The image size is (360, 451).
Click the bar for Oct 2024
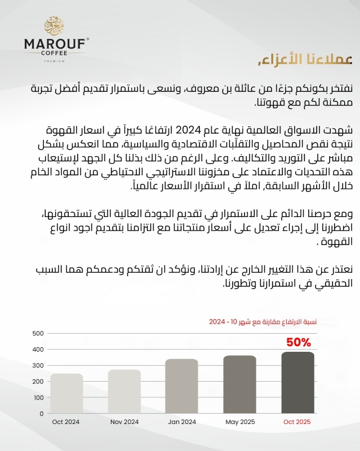click(x=66, y=393)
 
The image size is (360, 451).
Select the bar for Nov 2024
click(x=125, y=391)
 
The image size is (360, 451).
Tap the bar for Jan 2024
click(x=182, y=386)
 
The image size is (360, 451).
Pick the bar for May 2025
click(x=239, y=384)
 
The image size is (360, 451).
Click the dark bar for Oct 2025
click(x=297, y=382)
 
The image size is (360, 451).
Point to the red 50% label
click(x=299, y=342)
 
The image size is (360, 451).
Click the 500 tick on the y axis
click(x=38, y=333)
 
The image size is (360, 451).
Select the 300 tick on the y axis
click(x=38, y=365)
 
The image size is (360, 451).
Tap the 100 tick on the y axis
click(x=38, y=397)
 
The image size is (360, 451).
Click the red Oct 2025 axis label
click(x=297, y=422)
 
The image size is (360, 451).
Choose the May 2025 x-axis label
click(x=239, y=422)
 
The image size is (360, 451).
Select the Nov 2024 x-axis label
click(x=125, y=422)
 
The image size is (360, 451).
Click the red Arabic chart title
click(x=262, y=322)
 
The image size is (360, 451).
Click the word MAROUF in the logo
click(x=54, y=43)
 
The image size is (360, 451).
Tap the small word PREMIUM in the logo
click(x=54, y=60)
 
